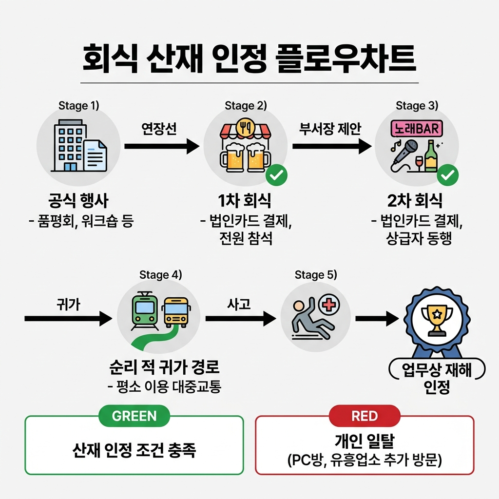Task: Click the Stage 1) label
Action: click(78, 106)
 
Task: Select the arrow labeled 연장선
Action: click(162, 146)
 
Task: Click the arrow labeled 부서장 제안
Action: click(331, 146)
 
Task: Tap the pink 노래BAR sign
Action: click(417, 129)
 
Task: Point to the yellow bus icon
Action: click(176, 312)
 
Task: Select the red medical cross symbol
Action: click(329, 306)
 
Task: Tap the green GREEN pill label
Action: click(134, 416)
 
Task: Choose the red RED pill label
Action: click(365, 416)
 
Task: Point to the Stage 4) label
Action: click(160, 275)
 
